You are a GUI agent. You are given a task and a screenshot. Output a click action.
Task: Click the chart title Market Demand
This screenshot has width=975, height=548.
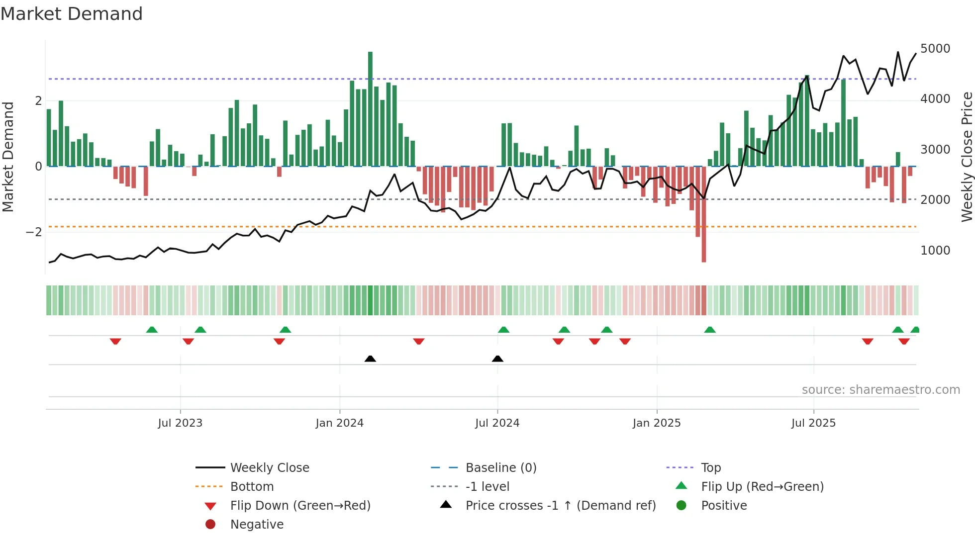[x=72, y=14]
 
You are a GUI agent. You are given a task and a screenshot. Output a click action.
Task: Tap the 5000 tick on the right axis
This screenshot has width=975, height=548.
[x=935, y=49]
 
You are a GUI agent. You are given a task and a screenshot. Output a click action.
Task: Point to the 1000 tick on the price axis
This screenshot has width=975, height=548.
[x=935, y=251]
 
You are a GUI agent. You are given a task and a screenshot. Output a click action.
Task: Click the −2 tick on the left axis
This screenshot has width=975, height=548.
[x=34, y=232]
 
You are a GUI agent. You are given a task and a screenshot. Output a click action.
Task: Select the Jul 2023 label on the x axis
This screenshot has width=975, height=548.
[x=180, y=423]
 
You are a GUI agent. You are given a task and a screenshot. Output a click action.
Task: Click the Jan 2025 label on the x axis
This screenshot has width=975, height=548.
[x=656, y=423]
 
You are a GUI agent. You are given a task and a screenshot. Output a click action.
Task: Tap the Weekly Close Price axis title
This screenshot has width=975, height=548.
[x=967, y=157]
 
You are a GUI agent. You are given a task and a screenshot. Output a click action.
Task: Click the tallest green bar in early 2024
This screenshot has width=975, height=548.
[x=370, y=109]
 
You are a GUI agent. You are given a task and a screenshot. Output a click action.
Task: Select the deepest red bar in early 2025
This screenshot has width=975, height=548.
[x=703, y=214]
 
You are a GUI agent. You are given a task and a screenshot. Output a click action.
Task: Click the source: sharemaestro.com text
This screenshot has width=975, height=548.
[x=880, y=390]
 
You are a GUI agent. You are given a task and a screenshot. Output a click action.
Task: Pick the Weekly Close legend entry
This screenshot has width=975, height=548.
[x=269, y=468]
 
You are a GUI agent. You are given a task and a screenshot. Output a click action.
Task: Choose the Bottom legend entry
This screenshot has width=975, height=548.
[x=252, y=487]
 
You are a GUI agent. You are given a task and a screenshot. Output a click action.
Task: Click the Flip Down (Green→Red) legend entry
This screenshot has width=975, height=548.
[x=300, y=506]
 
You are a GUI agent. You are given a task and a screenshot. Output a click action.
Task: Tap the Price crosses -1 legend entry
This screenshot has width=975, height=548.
[x=560, y=506]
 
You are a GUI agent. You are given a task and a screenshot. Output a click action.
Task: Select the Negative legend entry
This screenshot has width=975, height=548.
[x=257, y=525]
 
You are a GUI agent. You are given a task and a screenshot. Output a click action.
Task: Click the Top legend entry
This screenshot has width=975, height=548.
[x=710, y=468]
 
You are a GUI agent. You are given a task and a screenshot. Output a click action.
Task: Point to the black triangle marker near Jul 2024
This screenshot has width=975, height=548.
[x=497, y=359]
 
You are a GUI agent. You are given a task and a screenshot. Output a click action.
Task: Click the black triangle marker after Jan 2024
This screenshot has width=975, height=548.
[x=370, y=359]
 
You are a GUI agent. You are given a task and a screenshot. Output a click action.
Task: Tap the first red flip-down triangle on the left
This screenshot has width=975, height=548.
[x=115, y=341]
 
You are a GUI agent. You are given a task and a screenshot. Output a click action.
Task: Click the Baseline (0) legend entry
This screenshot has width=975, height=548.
[x=500, y=468]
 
